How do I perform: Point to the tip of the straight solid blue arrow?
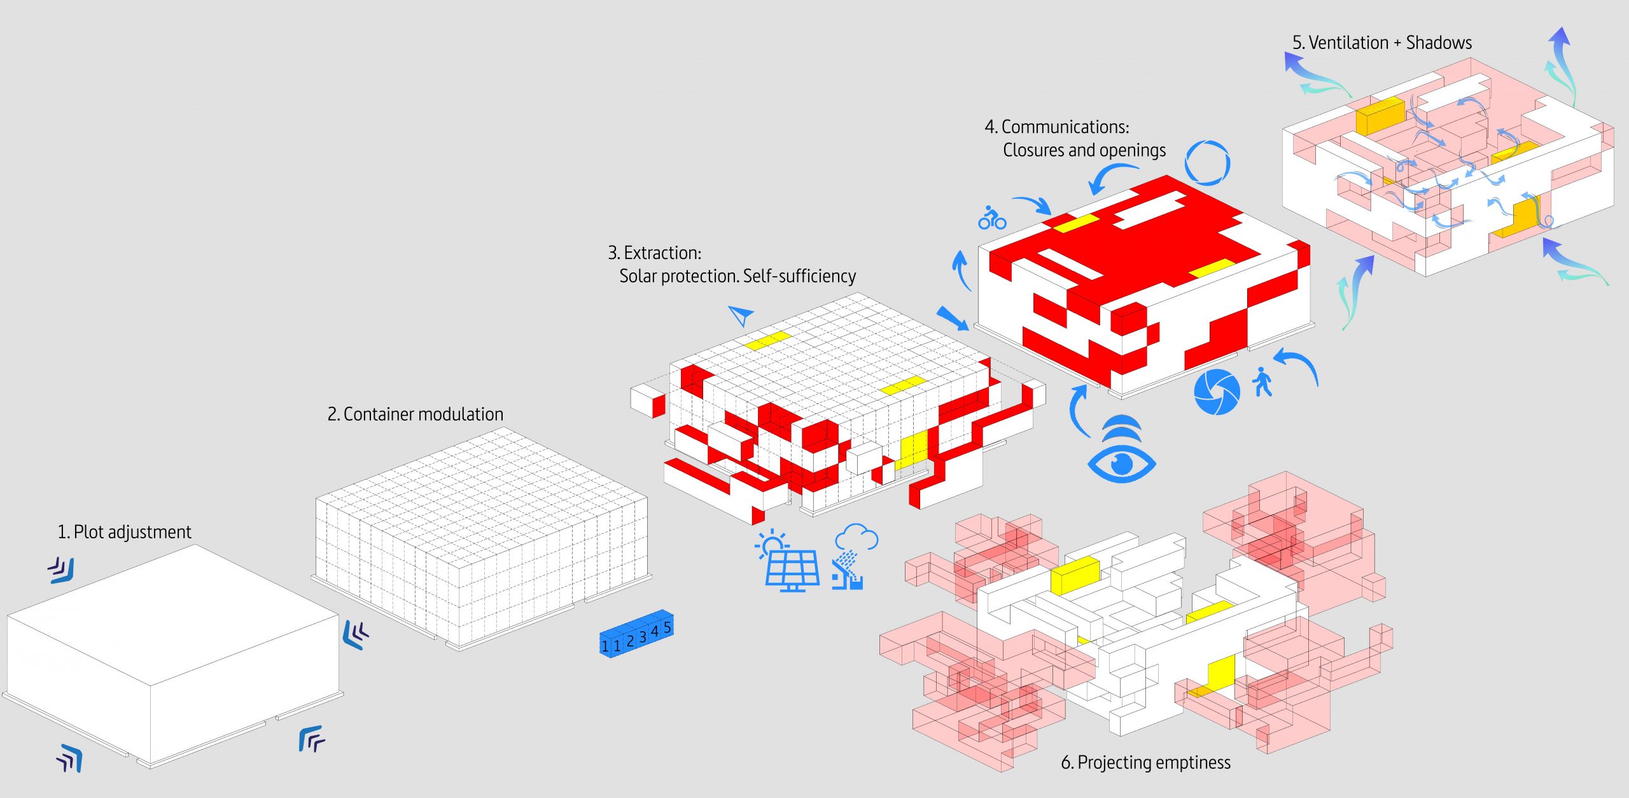click(x=968, y=330)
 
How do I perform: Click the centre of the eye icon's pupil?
click(x=1121, y=462)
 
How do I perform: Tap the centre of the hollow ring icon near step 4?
click(x=1207, y=163)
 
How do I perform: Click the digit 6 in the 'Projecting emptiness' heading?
click(x=1066, y=762)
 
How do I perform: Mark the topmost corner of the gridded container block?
click(x=502, y=428)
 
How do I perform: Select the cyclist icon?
click(x=992, y=218)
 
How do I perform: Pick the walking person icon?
click(x=1262, y=382)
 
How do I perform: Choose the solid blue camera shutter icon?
click(x=1217, y=392)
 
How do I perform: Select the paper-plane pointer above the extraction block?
click(x=741, y=315)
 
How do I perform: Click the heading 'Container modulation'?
click(x=415, y=414)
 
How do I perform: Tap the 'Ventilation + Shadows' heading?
click(x=1381, y=43)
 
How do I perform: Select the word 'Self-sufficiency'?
click(x=799, y=276)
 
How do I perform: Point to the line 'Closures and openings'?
click(x=1084, y=150)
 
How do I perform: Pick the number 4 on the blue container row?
click(x=654, y=631)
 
